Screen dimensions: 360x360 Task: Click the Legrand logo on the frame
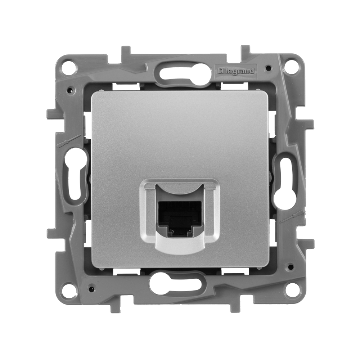(236, 71)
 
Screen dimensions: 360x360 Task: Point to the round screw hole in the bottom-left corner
(69, 290)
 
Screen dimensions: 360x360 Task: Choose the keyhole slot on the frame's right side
(285, 184)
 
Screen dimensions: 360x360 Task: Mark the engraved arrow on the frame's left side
(69, 141)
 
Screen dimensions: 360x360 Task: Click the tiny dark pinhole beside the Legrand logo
(269, 68)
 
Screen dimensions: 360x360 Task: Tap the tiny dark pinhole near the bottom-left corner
(91, 289)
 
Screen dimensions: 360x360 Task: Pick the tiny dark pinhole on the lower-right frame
(289, 267)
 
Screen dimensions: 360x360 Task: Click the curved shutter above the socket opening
(180, 190)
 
